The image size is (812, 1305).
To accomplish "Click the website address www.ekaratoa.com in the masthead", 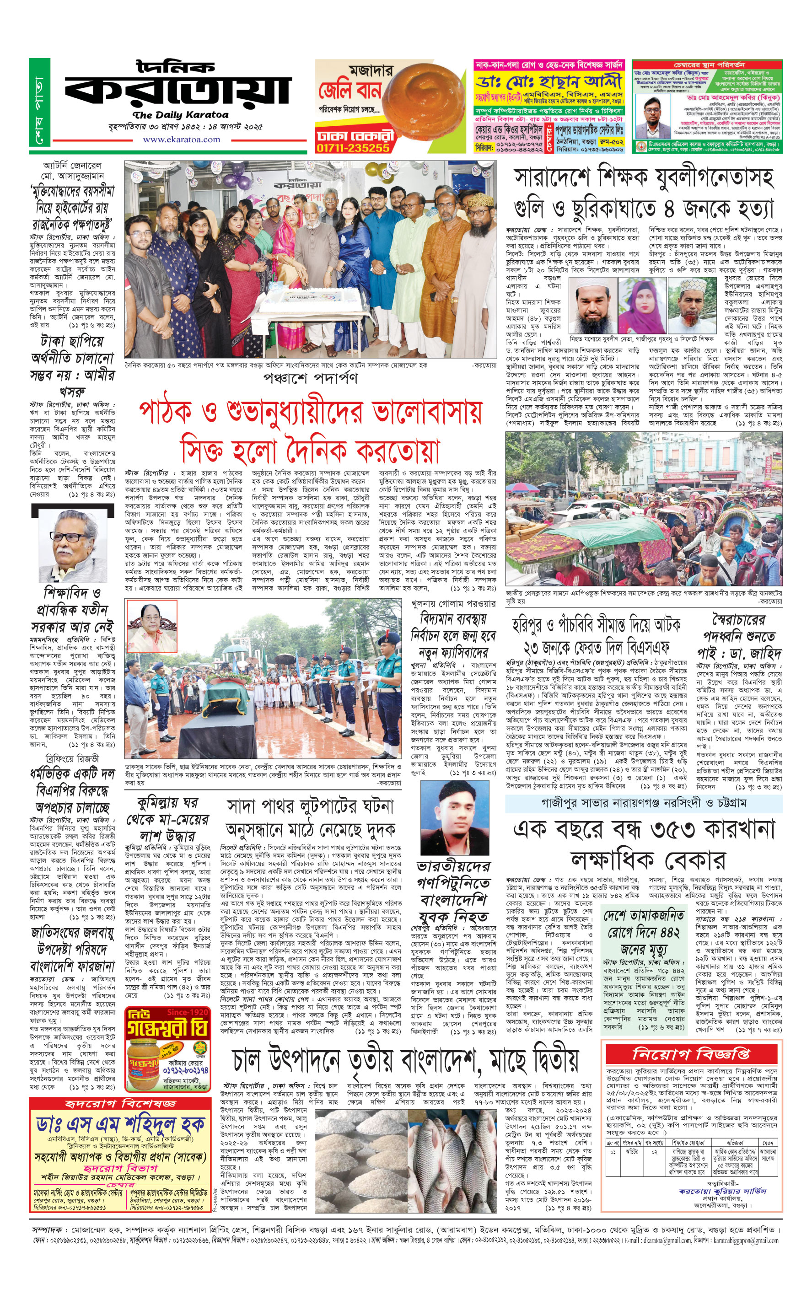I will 181,140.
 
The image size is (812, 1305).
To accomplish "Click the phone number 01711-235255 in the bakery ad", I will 352,148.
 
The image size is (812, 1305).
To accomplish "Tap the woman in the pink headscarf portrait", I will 642,306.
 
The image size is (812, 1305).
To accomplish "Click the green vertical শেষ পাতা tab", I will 39,102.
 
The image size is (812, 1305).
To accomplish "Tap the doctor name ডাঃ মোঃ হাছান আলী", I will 549,82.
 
